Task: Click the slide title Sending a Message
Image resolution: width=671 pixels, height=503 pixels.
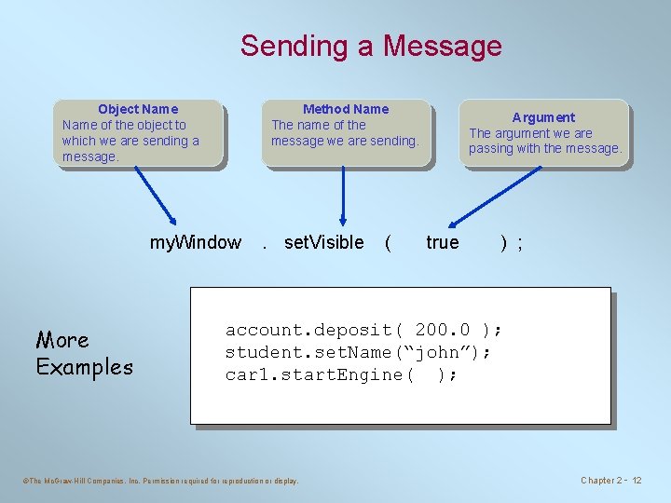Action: point(371,46)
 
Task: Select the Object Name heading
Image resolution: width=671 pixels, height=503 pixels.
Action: point(138,109)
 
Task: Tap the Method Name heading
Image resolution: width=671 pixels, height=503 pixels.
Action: point(346,109)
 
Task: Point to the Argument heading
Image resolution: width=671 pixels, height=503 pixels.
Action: point(543,117)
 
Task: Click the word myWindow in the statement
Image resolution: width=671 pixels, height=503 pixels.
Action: point(195,243)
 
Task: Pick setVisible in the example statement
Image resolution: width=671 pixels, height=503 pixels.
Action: point(323,243)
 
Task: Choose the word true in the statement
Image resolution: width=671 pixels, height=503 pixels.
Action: point(442,243)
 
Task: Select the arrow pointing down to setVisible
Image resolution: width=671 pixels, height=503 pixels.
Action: point(344,196)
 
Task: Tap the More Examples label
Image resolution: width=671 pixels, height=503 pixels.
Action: point(84,353)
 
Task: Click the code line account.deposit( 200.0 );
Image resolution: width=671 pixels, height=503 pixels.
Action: point(363,330)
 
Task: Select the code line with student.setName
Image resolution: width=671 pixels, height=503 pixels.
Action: point(358,352)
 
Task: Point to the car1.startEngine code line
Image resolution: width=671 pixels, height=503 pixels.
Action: point(341,374)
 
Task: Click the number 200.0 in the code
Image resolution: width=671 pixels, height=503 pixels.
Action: point(443,330)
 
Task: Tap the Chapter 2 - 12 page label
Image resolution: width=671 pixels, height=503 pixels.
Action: point(611,481)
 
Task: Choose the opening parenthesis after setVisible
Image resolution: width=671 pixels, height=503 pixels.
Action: point(387,243)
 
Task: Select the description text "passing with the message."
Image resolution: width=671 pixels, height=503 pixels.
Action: point(545,148)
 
